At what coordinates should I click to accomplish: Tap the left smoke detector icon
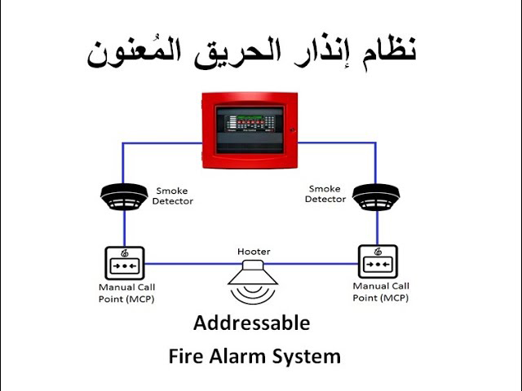124,196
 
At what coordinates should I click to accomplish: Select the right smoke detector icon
376,196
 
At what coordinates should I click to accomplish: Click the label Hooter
253,252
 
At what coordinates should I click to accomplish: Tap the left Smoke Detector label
173,196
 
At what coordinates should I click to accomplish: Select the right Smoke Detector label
325,195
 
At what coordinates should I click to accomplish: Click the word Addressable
251,323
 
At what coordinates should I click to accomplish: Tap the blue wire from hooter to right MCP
318,263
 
